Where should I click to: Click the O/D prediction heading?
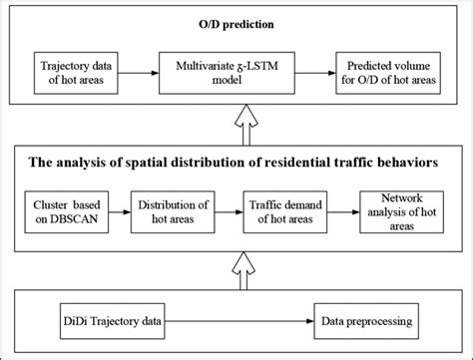click(x=236, y=21)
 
